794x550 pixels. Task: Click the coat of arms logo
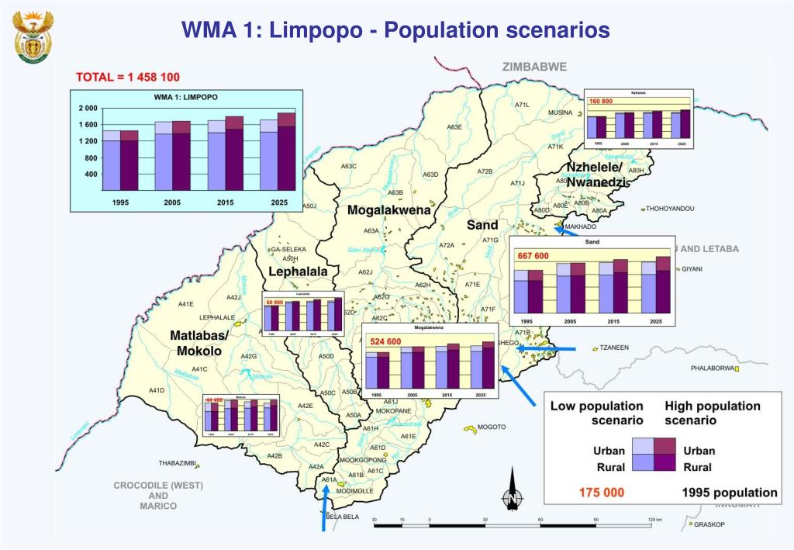pyautogui.click(x=34, y=37)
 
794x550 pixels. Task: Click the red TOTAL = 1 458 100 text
pyautogui.click(x=127, y=77)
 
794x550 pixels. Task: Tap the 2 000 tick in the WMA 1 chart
pyautogui.click(x=88, y=108)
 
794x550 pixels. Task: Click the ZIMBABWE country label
pyautogui.click(x=534, y=67)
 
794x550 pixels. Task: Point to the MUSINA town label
pyautogui.click(x=560, y=112)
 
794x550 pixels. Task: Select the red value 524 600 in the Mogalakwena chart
pyautogui.click(x=385, y=341)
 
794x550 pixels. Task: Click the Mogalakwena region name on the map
pyautogui.click(x=388, y=210)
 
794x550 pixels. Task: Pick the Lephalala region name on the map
pyautogui.click(x=298, y=272)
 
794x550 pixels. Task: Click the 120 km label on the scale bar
pyautogui.click(x=655, y=519)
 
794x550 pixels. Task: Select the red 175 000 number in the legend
pyautogui.click(x=602, y=493)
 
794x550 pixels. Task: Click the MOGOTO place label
pyautogui.click(x=491, y=427)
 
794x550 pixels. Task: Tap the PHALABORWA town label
pyautogui.click(x=712, y=368)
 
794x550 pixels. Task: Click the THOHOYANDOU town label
pyautogui.click(x=670, y=209)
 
